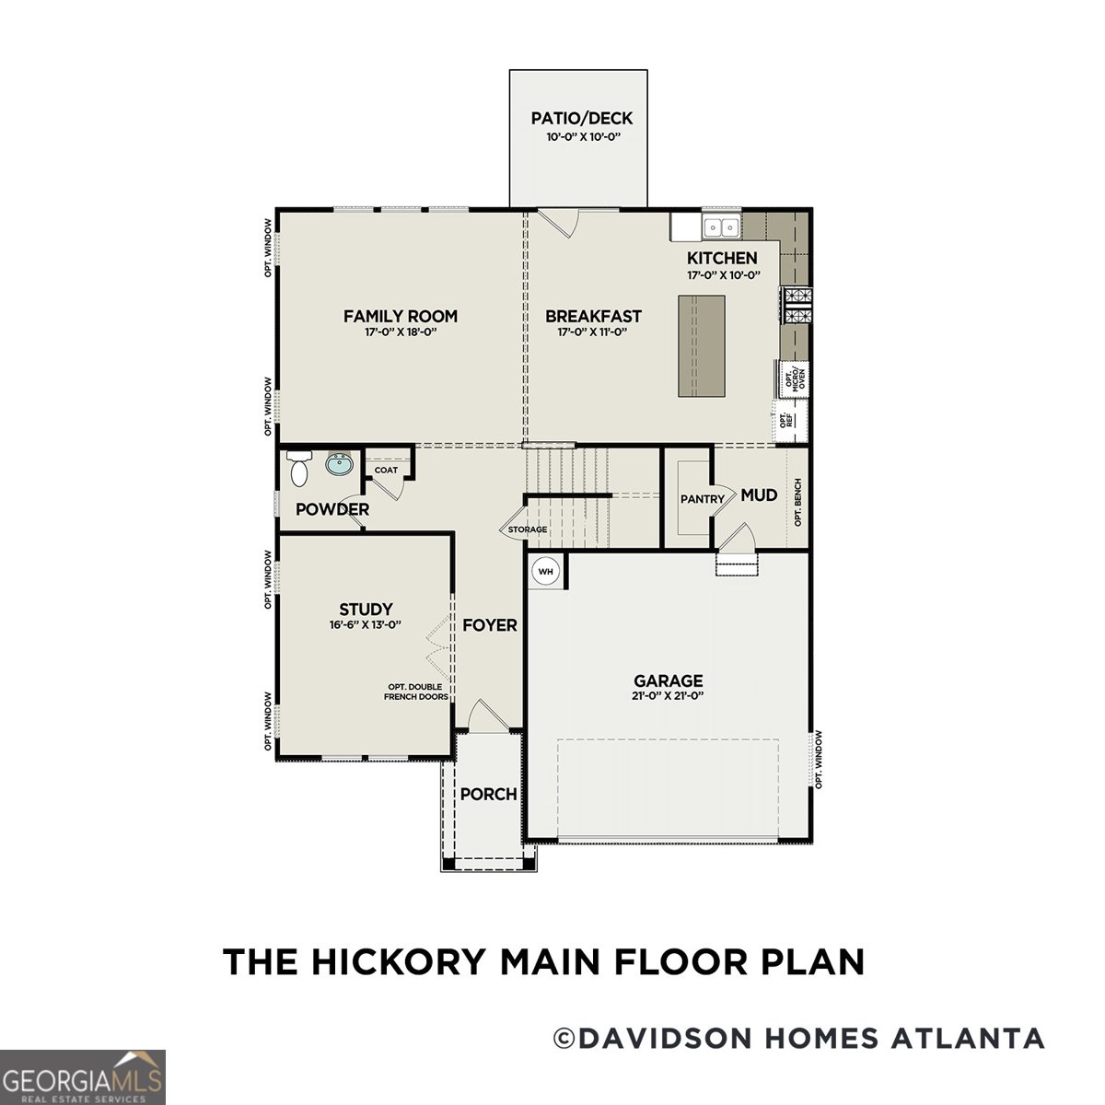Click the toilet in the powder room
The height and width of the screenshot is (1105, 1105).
(299, 470)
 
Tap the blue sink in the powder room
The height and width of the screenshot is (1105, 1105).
(339, 465)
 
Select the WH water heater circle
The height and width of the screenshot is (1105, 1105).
(546, 572)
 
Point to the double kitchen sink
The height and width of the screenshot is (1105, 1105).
(721, 227)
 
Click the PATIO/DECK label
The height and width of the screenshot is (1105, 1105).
(582, 118)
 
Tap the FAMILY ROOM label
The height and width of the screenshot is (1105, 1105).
(400, 316)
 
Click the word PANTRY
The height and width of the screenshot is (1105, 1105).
(703, 499)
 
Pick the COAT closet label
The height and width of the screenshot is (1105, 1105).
(386, 470)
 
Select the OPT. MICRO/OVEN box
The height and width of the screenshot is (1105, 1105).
(794, 378)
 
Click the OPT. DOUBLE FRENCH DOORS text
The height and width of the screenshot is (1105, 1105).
(416, 692)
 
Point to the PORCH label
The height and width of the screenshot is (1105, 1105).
(488, 794)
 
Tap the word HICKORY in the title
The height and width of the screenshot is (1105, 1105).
(399, 961)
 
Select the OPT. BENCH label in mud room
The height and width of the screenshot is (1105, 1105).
(797, 502)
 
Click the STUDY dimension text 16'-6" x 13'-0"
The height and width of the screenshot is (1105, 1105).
(366, 624)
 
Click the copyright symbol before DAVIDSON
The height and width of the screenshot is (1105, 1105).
(563, 1039)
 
